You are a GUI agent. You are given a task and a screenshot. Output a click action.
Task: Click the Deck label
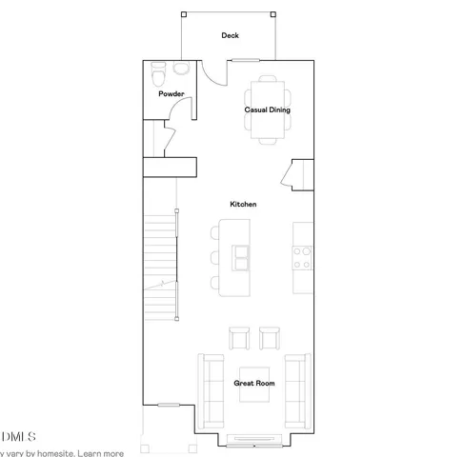(230, 36)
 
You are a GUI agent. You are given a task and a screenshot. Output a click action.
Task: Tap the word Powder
(171, 93)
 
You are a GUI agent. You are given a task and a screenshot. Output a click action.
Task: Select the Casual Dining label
(267, 110)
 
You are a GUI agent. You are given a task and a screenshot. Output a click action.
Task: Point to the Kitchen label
(243, 205)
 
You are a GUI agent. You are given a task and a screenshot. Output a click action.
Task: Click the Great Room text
(254, 383)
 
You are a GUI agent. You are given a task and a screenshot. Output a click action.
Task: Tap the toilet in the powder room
(159, 73)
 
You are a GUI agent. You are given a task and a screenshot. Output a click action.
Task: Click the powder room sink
(181, 71)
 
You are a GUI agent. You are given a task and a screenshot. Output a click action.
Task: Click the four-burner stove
(302, 256)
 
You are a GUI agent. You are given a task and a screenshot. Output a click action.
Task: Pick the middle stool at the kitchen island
(214, 256)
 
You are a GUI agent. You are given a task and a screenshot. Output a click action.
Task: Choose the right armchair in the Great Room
(269, 338)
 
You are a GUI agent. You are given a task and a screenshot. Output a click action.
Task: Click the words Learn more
(103, 452)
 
